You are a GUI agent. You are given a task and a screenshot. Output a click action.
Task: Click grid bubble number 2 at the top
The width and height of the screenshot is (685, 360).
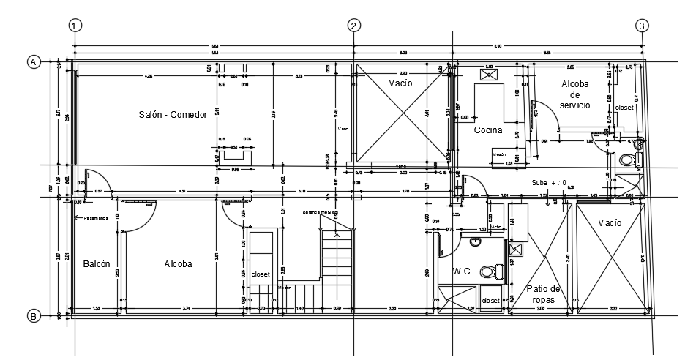353,26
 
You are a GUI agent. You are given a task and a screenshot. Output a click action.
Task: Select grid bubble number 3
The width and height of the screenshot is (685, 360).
642,26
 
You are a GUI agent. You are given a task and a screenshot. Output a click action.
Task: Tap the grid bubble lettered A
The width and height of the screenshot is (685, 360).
33,62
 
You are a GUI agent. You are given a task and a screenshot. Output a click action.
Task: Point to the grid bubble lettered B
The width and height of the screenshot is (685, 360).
33,316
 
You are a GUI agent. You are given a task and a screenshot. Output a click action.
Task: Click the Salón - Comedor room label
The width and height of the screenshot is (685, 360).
173,114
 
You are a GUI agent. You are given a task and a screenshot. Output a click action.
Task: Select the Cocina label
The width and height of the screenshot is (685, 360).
487,130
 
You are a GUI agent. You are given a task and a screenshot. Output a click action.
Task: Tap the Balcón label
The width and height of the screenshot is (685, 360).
97,264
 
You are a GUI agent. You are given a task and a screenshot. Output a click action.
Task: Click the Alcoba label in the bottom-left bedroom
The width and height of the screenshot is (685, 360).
178,264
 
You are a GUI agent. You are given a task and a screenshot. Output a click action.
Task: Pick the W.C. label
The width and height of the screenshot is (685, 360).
462,271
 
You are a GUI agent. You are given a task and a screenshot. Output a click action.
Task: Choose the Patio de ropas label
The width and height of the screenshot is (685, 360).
543,294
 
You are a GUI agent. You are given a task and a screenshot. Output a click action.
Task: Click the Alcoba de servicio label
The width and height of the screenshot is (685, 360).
575,94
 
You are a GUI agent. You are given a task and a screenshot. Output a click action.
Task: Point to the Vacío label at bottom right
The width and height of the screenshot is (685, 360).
610,222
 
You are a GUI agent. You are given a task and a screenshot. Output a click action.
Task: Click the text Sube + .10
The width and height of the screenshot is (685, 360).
549,182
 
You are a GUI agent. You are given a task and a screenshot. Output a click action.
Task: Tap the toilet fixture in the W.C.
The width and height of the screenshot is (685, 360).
487,272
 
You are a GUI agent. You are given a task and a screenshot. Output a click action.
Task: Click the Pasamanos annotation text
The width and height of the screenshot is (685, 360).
96,217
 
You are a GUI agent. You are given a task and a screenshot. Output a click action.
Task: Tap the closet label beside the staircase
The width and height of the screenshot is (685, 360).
261,274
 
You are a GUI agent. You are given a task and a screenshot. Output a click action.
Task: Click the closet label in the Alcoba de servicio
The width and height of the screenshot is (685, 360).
624,108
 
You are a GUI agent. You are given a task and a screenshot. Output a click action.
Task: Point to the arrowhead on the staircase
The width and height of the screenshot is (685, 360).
337,234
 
